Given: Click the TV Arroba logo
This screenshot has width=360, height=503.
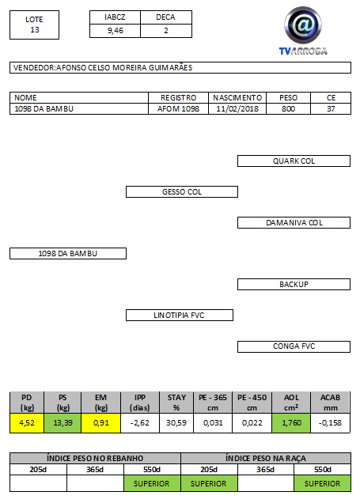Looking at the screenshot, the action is [303, 31].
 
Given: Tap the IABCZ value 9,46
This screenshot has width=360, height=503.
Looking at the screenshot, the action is [116, 31].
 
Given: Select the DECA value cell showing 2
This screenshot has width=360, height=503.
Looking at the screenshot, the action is [166, 31].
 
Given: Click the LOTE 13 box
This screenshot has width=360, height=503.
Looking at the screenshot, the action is [34, 25].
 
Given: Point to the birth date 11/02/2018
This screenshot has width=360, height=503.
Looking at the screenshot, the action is [237, 109].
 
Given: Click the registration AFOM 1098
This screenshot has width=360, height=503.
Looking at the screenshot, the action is [178, 109].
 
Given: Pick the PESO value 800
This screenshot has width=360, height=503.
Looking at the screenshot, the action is [288, 109].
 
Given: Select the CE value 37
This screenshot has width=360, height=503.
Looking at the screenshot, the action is [331, 109].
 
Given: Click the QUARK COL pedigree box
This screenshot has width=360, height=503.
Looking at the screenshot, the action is [294, 161].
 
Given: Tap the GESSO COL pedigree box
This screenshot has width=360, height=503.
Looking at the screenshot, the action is [182, 192].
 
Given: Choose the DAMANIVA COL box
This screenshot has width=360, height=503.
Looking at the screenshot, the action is [294, 222].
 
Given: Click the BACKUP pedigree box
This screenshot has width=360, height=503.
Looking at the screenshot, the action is [294, 284].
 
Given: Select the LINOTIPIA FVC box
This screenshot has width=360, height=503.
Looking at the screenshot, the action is [180, 315].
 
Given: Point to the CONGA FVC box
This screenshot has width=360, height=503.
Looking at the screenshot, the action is [294, 346].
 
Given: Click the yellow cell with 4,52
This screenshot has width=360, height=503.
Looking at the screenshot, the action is [27, 423].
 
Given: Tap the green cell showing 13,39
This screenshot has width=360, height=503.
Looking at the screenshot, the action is [63, 423].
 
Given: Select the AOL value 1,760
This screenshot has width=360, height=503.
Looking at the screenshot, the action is [291, 423].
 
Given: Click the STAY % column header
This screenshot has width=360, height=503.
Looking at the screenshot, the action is [176, 403].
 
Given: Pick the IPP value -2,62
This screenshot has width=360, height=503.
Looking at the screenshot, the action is [140, 423].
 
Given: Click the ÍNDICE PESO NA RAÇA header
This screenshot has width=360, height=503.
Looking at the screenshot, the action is [266, 458].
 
